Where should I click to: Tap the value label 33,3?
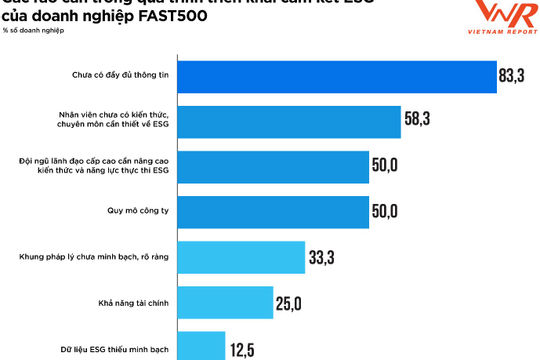click(x=321, y=258)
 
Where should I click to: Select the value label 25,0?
click(x=289, y=303)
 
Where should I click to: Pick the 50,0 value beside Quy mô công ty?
click(x=385, y=211)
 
